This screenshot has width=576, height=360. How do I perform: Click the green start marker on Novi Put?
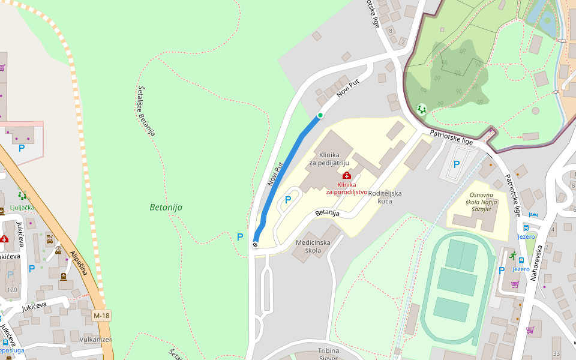(x=320, y=115)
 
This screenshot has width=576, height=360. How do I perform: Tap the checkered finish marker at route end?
(x=255, y=244)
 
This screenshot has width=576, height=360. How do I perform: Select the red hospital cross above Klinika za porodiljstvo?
(x=347, y=175)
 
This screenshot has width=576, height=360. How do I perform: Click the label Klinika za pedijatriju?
(x=329, y=158)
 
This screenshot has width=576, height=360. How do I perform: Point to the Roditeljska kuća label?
(x=385, y=197)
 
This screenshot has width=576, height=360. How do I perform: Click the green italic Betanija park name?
(x=166, y=208)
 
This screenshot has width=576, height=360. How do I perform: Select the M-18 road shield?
(x=101, y=316)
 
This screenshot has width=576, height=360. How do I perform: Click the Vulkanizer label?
(x=95, y=339)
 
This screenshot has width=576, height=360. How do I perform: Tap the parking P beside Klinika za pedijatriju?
(x=287, y=200)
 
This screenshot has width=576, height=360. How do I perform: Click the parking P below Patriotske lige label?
(x=456, y=164)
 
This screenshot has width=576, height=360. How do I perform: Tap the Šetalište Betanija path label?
(x=146, y=110)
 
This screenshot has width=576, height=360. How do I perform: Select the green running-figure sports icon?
(x=512, y=255)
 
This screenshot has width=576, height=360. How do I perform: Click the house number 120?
(x=12, y=290)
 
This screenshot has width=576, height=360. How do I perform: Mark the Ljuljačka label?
(x=22, y=208)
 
